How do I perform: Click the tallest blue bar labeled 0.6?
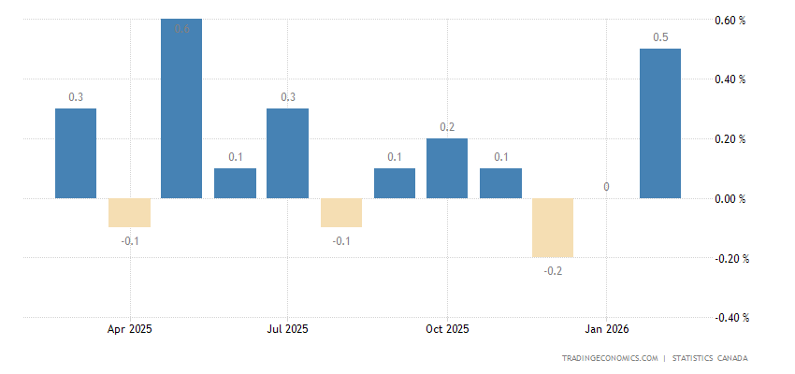coord(181,108)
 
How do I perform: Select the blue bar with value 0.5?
coord(660,123)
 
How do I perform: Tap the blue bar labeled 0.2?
coord(447,168)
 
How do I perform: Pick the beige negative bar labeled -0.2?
coord(553,228)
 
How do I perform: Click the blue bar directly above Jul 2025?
coord(287,153)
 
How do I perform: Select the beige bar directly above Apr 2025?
coord(128,213)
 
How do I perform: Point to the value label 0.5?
coord(660,37)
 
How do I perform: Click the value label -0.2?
coord(553,271)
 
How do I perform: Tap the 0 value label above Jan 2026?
coord(606,187)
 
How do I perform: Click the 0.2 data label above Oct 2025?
coord(447,127)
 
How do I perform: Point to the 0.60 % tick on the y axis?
coord(730,20)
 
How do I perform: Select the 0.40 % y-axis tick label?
coord(730,79)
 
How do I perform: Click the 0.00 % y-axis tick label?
coord(730,199)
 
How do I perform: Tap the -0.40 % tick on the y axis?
coord(728,318)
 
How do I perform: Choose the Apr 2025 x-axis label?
coord(130,329)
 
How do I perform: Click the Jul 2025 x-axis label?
coord(287,329)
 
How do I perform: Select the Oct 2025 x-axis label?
coord(446,329)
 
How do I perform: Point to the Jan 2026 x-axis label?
coord(606,329)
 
